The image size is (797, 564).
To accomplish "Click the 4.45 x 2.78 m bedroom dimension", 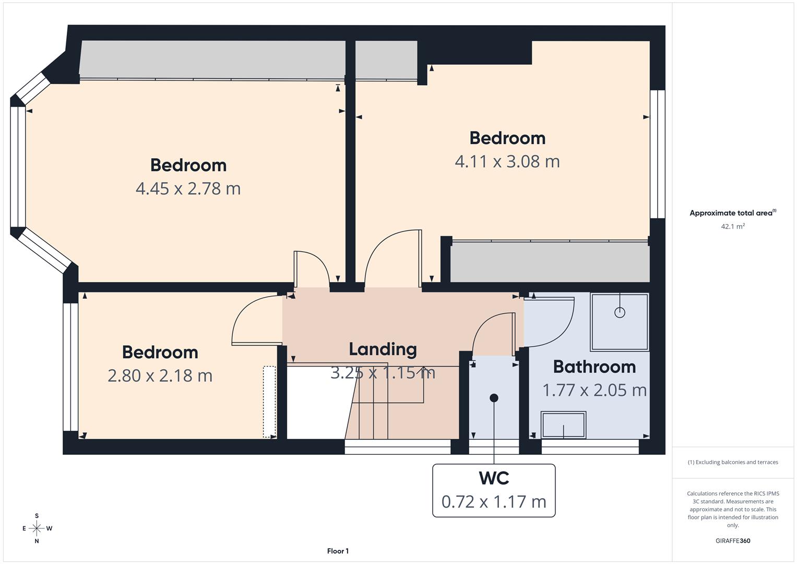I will (x=188, y=189).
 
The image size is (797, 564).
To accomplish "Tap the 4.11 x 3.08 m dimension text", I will (x=507, y=161).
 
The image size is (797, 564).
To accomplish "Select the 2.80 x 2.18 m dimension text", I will (x=160, y=375).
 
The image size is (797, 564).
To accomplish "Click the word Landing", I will (x=383, y=349).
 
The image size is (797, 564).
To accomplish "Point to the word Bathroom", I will (x=594, y=367).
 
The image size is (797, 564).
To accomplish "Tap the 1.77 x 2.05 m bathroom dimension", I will (x=594, y=390).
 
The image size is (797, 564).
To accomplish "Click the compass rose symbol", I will (x=37, y=528).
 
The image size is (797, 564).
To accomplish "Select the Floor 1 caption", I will (x=338, y=551).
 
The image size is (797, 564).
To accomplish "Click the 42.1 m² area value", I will (x=732, y=227).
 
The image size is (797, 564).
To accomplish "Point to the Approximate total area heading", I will (x=732, y=213).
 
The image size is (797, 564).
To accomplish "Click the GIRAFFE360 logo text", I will (x=732, y=540).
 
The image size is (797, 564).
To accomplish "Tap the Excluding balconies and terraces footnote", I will (x=732, y=462).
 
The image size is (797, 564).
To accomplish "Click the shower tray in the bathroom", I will (x=620, y=322).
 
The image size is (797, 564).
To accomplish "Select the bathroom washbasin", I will (x=563, y=425).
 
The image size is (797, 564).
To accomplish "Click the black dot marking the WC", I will (x=494, y=398).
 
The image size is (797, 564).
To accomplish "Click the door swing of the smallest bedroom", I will (x=256, y=321).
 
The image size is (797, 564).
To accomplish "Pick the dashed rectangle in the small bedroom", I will (x=269, y=401).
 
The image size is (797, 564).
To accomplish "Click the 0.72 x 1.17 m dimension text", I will (x=494, y=502).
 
